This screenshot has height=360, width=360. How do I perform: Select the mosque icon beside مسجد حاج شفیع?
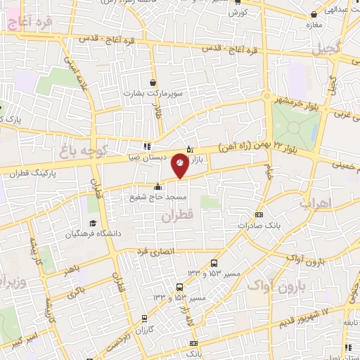(x=157, y=186)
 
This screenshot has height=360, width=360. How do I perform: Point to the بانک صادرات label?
(x=255, y=225)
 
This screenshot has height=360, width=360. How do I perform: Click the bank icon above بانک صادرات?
(x=259, y=214)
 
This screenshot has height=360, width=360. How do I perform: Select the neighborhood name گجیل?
(x=326, y=49)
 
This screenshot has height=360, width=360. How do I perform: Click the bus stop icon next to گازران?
(x=145, y=318)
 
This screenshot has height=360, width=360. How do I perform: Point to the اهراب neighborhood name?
(x=315, y=203)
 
